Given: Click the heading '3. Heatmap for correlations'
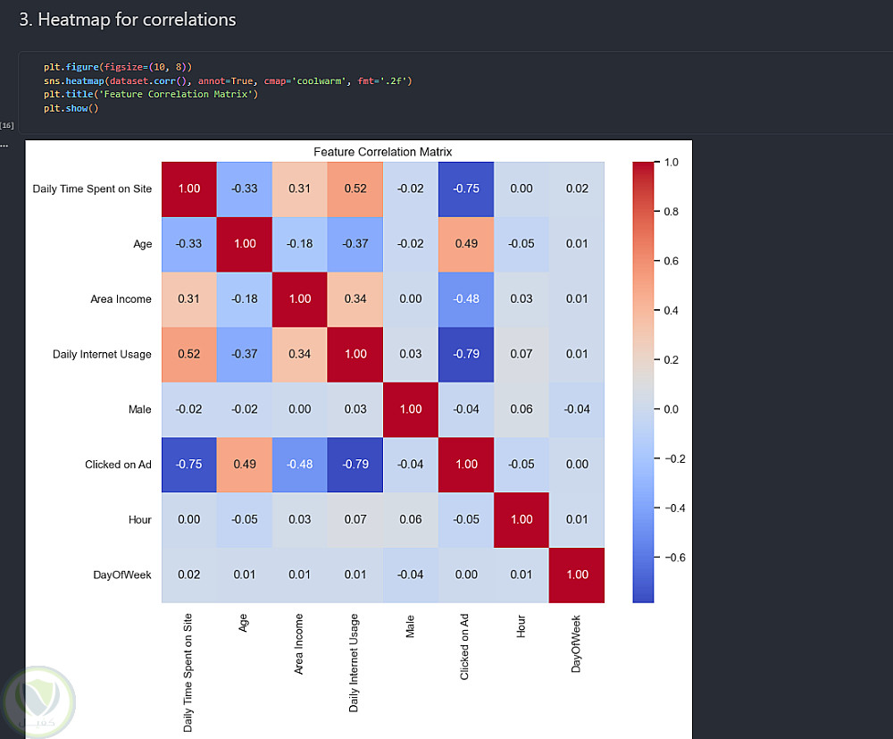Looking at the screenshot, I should point(128,20).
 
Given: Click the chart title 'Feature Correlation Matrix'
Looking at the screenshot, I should point(382,152).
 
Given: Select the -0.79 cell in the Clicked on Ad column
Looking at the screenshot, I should point(465,354).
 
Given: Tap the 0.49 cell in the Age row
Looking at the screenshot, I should point(465,244).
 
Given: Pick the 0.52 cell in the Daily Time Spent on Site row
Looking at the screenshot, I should point(355,189).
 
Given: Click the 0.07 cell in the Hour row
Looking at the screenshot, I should point(355,519).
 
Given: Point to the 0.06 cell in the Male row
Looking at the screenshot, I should point(521,409).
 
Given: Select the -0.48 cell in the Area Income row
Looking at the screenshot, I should point(465,298).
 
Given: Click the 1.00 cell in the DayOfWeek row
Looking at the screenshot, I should point(576,575).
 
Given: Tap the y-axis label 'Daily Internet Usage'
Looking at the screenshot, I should point(102,354).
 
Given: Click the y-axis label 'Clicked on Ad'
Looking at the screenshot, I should point(118,465).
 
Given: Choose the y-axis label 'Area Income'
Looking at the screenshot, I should point(121,298).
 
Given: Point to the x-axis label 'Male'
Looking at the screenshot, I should point(410,625).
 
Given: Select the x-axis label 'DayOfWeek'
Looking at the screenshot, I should point(576,642).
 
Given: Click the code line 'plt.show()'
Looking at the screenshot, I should point(71,108).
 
